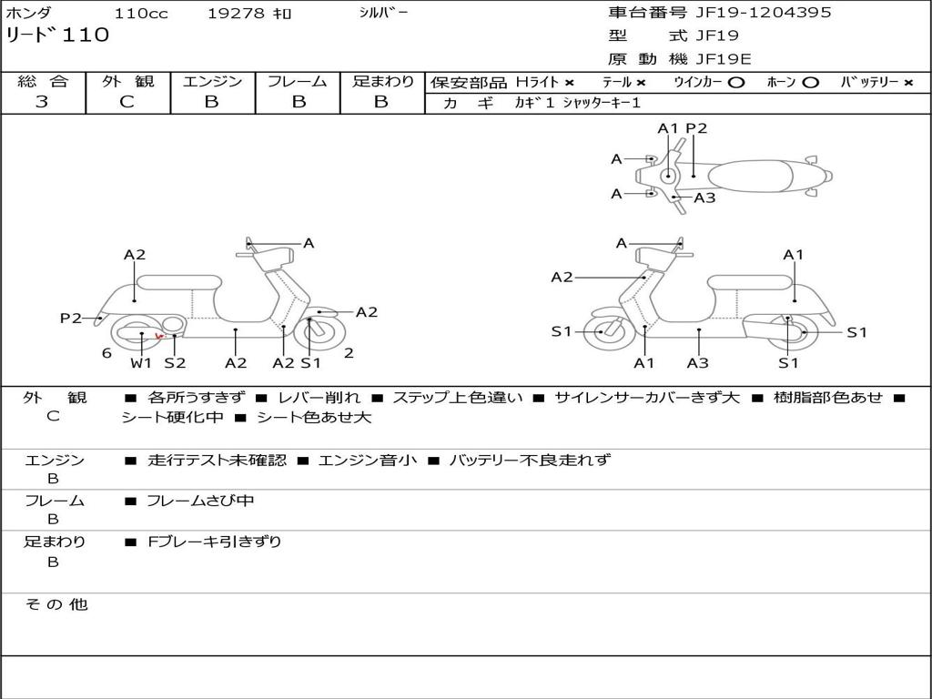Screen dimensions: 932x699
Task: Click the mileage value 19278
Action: (x=236, y=14)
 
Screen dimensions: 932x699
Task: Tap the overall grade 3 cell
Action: (x=42, y=102)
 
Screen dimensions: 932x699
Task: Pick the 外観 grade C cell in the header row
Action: (x=127, y=102)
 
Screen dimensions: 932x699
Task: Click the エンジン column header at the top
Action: (x=212, y=81)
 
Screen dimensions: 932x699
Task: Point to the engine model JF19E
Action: (x=723, y=59)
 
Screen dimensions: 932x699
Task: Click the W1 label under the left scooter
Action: (x=141, y=363)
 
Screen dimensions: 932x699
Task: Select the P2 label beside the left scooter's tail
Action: (x=71, y=318)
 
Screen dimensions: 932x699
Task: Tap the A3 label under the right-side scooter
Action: (x=698, y=363)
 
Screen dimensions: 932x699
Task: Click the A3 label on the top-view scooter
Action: (x=704, y=198)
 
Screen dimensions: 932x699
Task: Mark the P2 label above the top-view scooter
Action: (x=696, y=128)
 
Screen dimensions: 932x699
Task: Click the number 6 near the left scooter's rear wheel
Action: (x=106, y=353)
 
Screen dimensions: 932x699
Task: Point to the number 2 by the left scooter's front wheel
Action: (x=349, y=353)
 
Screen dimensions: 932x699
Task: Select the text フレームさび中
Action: (x=200, y=501)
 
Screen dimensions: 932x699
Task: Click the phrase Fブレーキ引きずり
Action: (x=215, y=542)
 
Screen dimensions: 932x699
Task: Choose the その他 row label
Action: (x=56, y=604)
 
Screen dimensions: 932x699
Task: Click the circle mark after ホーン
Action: (x=810, y=82)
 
